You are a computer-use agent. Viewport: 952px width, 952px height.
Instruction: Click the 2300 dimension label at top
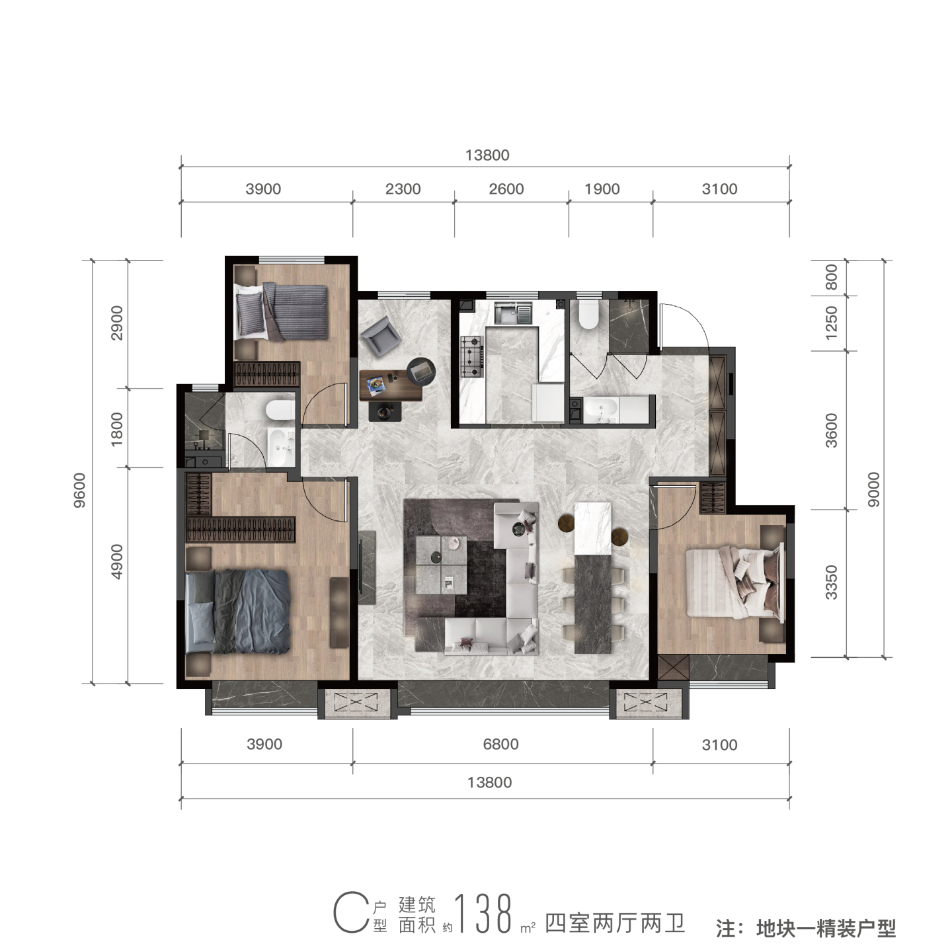[x=403, y=188]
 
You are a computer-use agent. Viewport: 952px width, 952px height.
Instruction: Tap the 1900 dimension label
[x=602, y=188]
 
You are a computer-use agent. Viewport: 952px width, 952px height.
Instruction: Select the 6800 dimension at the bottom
[x=500, y=744]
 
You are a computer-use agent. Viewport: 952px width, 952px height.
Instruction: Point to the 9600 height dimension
[x=79, y=490]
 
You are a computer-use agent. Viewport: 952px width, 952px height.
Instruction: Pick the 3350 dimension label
[x=832, y=582]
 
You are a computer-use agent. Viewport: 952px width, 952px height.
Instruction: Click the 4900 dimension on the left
[x=117, y=561]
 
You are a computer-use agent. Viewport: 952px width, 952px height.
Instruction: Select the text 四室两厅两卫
[x=615, y=922]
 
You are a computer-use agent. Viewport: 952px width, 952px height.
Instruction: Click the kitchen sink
[x=514, y=314]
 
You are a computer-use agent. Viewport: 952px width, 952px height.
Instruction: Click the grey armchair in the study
[x=380, y=335]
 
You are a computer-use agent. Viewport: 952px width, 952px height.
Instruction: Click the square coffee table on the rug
[x=441, y=565]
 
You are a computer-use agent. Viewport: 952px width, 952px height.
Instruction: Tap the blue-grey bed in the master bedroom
[x=237, y=612]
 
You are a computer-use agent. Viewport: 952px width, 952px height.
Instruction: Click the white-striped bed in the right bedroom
[x=734, y=582]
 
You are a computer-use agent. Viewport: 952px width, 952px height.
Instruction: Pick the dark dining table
[x=593, y=603]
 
